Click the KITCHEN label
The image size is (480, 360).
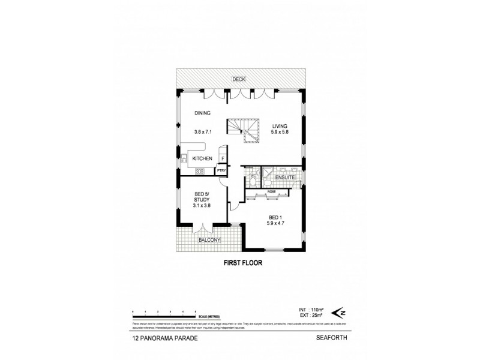pyautogui.click(x=202, y=158)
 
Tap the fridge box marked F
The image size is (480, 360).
pyautogui.click(x=223, y=158)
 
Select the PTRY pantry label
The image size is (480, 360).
pyautogui.click(x=221, y=170)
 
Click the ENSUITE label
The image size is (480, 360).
pyautogui.click(x=284, y=178)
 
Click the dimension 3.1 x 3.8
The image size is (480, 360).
pyautogui.click(x=202, y=205)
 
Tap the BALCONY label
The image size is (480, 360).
pyautogui.click(x=210, y=241)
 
